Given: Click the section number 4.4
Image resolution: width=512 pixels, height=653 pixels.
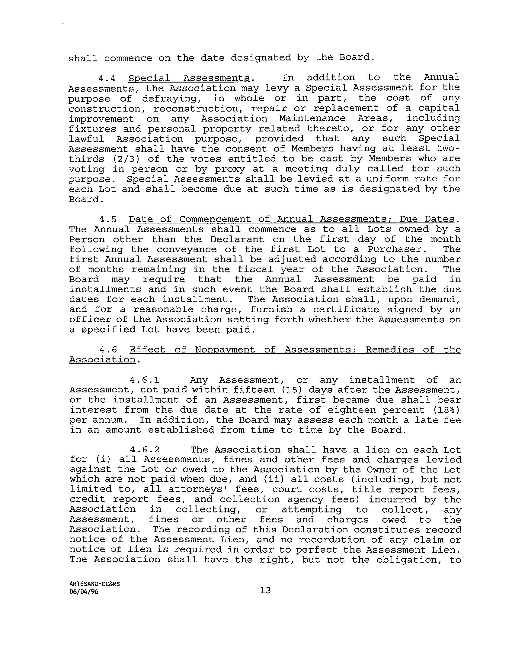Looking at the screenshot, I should [107, 78].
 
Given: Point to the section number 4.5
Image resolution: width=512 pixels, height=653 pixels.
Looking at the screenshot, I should [107, 220].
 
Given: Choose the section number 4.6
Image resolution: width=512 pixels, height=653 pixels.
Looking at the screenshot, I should [108, 350].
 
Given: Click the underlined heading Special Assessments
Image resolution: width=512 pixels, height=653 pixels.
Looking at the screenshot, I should [189, 78].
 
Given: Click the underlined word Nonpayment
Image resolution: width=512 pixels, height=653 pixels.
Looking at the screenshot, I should [225, 350].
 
